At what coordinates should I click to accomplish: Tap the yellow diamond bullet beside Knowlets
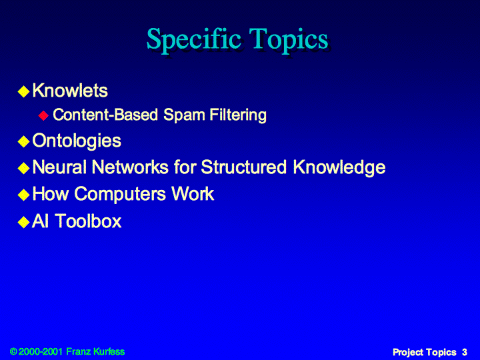point(23,91)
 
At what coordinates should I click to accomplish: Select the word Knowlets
point(70,91)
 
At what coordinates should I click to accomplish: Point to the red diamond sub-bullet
point(43,115)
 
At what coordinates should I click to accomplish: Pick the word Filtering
point(238,115)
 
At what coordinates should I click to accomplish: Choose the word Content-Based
point(105,115)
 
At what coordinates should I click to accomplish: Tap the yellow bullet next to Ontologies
point(23,141)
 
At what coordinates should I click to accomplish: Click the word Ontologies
point(77,141)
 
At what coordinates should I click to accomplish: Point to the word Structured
point(244,167)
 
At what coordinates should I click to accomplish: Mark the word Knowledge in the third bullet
point(339,168)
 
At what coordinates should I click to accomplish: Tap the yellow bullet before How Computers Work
point(23,195)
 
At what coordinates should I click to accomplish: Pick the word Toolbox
point(88,221)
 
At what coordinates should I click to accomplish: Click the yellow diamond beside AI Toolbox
point(23,222)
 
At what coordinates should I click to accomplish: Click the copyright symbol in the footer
point(13,351)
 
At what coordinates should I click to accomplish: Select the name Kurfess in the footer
point(109,351)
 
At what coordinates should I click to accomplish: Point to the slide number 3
point(465,352)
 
